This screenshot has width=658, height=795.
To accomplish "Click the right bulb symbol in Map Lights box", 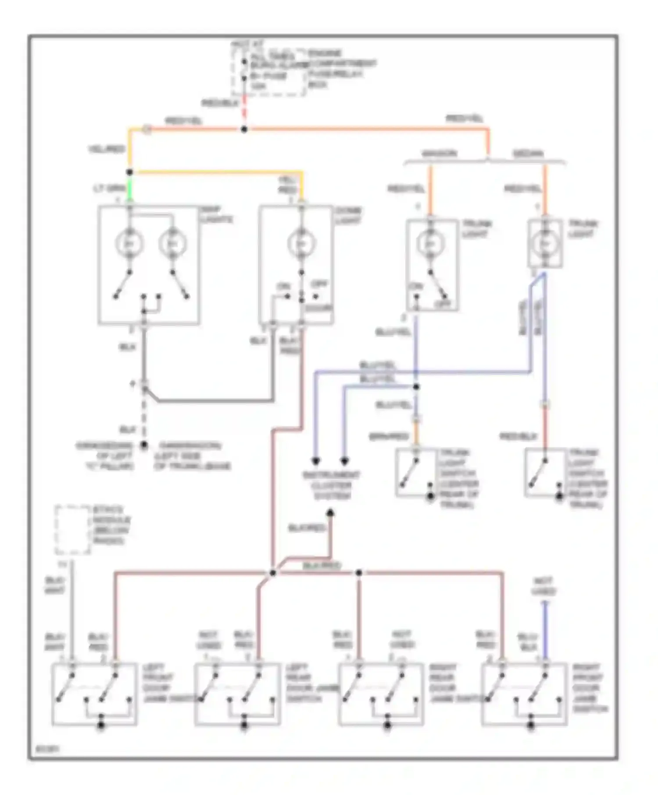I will (x=172, y=243).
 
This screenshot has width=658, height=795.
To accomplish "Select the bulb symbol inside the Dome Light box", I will (x=301, y=243).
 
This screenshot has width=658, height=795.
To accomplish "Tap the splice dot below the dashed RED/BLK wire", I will (x=244, y=129).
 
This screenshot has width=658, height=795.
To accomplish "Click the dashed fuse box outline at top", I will (x=268, y=72).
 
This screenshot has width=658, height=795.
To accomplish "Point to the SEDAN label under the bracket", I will (x=528, y=154).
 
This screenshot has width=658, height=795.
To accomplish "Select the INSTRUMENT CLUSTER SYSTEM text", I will (x=332, y=486).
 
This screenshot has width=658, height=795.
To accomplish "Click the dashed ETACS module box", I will (x=72, y=529).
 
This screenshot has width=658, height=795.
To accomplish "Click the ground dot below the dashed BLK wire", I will (x=144, y=445).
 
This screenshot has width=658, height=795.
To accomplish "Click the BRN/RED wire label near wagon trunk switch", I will (x=389, y=437).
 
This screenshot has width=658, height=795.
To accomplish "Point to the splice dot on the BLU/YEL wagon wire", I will (x=416, y=387).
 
